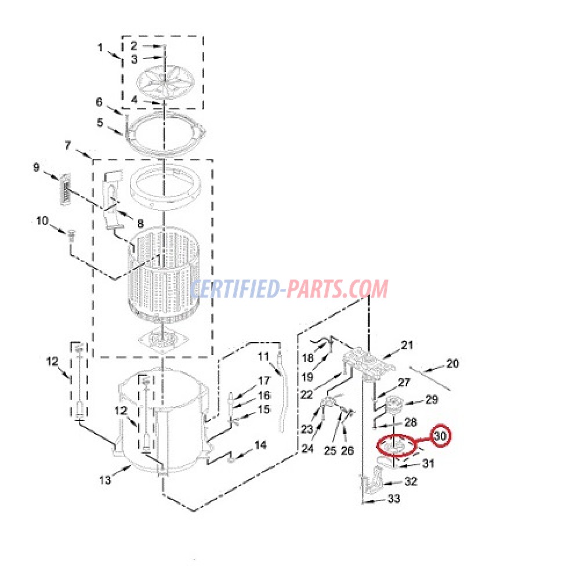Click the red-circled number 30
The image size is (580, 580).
pos(440,436)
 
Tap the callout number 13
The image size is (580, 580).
pos(105,480)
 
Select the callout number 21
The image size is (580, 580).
pos(407,345)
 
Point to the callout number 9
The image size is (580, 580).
pos(36,168)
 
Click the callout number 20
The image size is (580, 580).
pos(452,364)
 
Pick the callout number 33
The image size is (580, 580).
pos(394,499)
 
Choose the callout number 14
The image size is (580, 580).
pos(260,445)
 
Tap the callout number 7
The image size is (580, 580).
pos(67,146)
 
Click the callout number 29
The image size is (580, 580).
pos(432,400)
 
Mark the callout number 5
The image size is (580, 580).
pos(100,122)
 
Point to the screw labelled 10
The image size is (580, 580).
pos(72,235)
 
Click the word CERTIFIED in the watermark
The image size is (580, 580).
pos(235,289)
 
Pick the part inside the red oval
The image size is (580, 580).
pos(396,445)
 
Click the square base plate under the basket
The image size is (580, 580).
pos(163,339)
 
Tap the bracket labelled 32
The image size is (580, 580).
pos(372,481)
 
